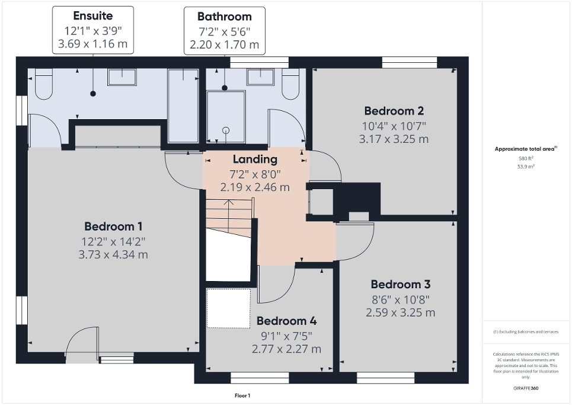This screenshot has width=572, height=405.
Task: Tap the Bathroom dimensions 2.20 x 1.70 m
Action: pyautogui.click(x=225, y=44)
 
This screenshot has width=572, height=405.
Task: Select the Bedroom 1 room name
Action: pyautogui.click(x=113, y=226)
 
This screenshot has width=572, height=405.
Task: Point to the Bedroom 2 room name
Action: pyautogui.click(x=394, y=111)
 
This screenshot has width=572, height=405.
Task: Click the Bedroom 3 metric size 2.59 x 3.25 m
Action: pyautogui.click(x=400, y=312)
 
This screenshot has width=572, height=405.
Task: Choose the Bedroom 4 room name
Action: pyautogui.click(x=286, y=321)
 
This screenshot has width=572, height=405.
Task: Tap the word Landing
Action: pyautogui.click(x=255, y=160)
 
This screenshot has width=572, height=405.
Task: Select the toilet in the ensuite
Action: pyautogui.click(x=44, y=83)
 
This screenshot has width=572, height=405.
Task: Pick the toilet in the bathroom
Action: pyautogui.click(x=290, y=84)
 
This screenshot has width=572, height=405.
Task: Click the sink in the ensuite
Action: pyautogui.click(x=122, y=76)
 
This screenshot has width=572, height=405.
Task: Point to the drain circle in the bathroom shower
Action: pyautogui.click(x=225, y=130)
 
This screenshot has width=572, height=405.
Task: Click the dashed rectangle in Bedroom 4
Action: pyautogui.click(x=228, y=308)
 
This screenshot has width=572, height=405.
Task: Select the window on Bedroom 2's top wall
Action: pyautogui.click(x=410, y=62)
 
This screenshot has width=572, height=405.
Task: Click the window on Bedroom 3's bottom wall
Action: pyautogui.click(x=377, y=377)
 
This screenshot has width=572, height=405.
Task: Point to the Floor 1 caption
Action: pyautogui.click(x=242, y=396)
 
